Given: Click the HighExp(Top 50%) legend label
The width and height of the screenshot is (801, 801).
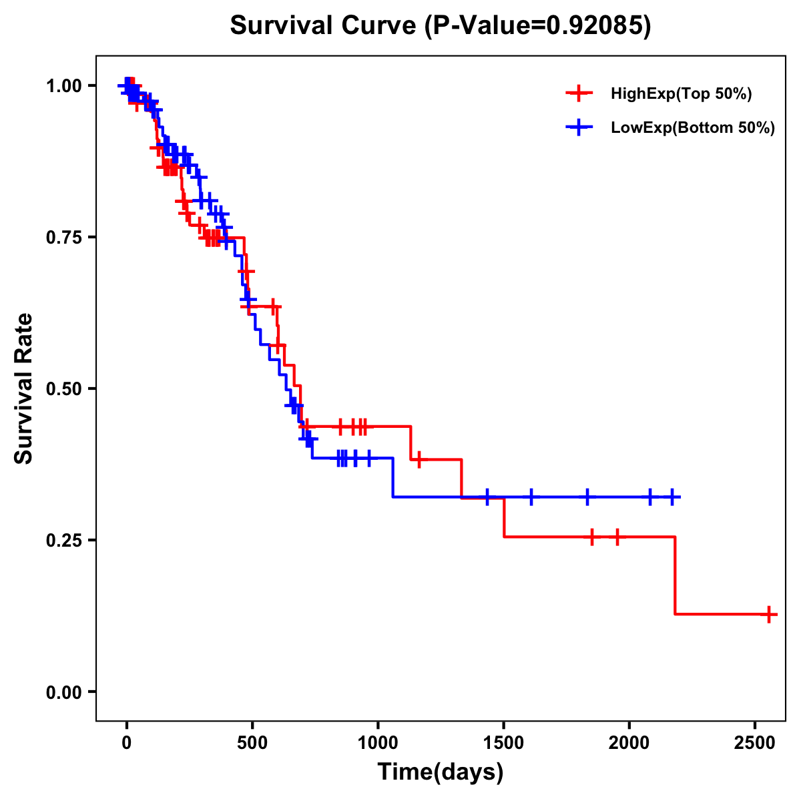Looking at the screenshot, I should pyautogui.click(x=682, y=94).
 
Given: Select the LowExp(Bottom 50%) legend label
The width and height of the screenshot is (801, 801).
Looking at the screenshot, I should pyautogui.click(x=693, y=128).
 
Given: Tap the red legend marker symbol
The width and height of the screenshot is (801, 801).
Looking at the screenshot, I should pyautogui.click(x=579, y=93).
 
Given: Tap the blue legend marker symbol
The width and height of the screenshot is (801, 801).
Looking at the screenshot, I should pyautogui.click(x=579, y=127).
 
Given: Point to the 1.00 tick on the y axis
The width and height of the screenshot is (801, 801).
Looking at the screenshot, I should pyautogui.click(x=63, y=85).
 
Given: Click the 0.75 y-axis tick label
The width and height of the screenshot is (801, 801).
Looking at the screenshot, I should pyautogui.click(x=63, y=237).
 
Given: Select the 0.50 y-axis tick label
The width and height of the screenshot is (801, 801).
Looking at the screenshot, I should pyautogui.click(x=63, y=388).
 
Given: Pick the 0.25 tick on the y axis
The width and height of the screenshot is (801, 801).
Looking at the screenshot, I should pyautogui.click(x=63, y=540).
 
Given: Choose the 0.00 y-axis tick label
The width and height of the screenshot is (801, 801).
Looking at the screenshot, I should pyautogui.click(x=63, y=692).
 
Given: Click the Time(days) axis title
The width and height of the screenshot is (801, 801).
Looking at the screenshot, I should pyautogui.click(x=441, y=772).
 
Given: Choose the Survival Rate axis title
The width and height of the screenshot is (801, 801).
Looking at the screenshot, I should pyautogui.click(x=24, y=388).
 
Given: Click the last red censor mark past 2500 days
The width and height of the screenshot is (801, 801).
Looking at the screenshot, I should pyautogui.click(x=769, y=614).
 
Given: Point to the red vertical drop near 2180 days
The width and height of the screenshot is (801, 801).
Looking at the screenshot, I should pyautogui.click(x=675, y=575).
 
